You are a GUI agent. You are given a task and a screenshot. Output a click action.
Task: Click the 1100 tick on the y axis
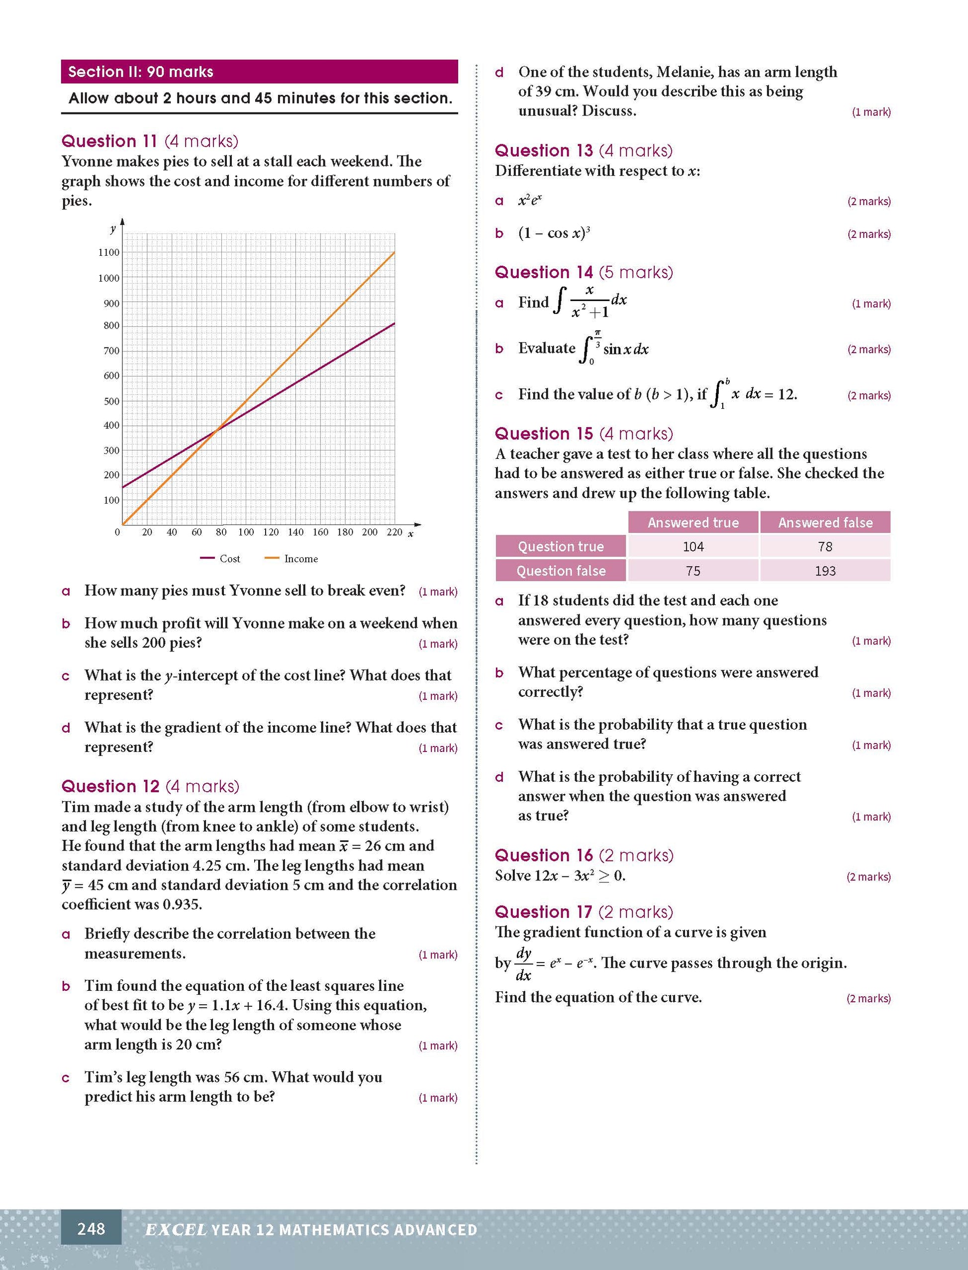pos(109,252)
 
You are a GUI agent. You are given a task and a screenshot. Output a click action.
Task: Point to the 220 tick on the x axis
pos(394,532)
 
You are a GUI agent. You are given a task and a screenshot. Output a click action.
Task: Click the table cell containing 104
pos(692,546)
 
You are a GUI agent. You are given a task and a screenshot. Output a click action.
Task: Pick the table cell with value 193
pos(825,571)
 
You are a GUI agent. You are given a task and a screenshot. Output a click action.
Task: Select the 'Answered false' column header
pos(825,523)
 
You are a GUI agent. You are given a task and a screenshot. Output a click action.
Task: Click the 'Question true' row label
pos(560,546)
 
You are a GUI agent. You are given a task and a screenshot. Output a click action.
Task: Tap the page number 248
pos(91,1229)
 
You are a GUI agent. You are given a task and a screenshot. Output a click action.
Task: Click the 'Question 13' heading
pos(543,151)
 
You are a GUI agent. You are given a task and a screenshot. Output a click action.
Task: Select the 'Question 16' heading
pos(543,855)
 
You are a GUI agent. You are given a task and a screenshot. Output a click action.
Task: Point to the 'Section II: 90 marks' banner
pos(259,72)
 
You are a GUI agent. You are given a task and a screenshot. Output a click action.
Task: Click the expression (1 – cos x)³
pos(554,233)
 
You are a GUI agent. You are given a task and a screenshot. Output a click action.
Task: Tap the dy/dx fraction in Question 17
pos(523,963)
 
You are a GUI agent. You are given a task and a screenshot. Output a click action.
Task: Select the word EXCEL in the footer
pos(175,1230)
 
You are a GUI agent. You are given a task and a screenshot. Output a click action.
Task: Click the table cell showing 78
pos(825,546)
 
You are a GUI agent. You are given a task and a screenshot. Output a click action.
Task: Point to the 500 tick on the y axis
pos(111,401)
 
